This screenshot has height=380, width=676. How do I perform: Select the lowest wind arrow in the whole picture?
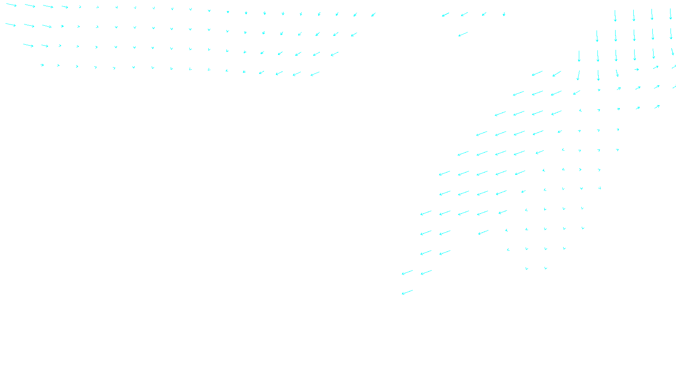(407, 292)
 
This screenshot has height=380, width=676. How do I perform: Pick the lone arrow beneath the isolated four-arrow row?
(463, 34)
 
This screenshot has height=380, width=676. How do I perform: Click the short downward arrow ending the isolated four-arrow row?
(504, 14)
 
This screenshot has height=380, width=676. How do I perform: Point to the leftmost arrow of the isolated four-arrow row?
(445, 15)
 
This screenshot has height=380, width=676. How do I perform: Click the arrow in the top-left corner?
(11, 5)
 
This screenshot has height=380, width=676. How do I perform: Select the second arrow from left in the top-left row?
(30, 6)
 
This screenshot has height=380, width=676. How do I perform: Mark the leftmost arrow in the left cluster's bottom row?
(42, 65)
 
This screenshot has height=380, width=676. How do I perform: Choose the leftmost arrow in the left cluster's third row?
(28, 45)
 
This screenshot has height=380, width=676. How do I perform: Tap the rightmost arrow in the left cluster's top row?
(373, 15)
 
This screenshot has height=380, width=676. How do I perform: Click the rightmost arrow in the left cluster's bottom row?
(315, 74)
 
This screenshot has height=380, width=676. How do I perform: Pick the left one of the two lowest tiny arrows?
(527, 269)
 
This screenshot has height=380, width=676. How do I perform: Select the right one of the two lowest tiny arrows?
(546, 269)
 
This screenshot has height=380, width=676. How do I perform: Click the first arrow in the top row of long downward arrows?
(615, 16)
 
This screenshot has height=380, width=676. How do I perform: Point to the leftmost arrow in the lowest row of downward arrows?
(578, 75)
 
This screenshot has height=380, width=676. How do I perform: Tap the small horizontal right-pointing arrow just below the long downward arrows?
(636, 70)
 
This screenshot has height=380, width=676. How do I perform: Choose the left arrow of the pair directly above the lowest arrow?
(407, 273)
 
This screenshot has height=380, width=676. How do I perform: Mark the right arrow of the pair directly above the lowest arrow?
(426, 272)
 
